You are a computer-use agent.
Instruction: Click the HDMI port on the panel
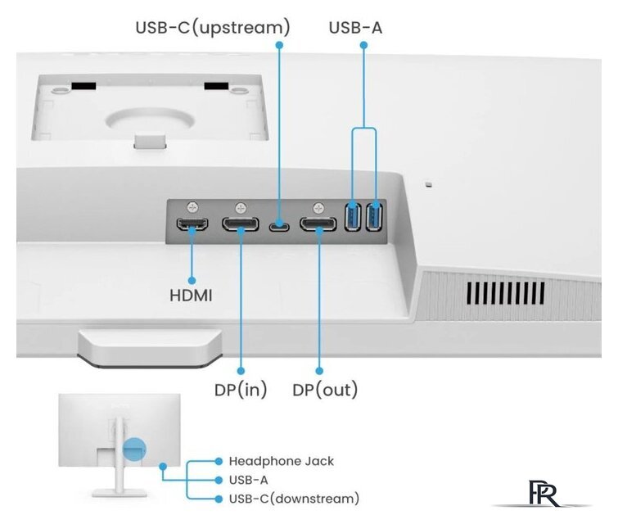[192, 224]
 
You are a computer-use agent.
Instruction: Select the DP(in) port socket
[241, 224]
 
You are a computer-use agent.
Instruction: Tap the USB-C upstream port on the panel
[279, 227]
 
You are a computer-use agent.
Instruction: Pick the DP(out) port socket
[318, 224]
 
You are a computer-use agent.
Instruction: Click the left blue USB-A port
[353, 216]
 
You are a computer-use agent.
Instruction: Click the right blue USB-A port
[374, 216]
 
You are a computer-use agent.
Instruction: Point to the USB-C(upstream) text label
[213, 28]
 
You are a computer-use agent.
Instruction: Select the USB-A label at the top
[355, 28]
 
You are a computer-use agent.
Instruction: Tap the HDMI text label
[191, 296]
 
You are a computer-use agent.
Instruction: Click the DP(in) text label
[241, 390]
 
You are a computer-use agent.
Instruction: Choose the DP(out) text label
[325, 390]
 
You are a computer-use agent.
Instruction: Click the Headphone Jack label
[282, 461]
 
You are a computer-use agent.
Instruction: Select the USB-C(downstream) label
[294, 499]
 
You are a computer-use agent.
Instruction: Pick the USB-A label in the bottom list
[248, 480]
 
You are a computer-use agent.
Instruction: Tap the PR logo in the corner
[544, 493]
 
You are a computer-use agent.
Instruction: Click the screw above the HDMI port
[192, 206]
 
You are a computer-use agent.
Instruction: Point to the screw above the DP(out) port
[318, 207]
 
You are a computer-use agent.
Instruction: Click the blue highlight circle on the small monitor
[134, 449]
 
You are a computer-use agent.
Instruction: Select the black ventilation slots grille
[506, 293]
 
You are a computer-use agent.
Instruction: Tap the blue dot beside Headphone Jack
[219, 461]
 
